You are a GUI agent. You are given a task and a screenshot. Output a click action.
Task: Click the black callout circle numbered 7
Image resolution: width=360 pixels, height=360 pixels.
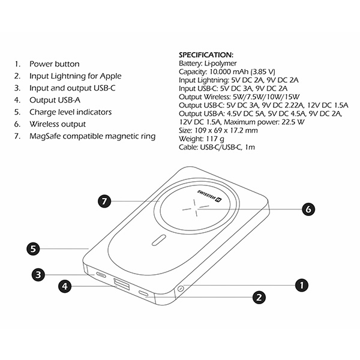104,202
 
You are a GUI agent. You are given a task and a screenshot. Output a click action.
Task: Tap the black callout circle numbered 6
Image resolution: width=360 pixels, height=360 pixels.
308,209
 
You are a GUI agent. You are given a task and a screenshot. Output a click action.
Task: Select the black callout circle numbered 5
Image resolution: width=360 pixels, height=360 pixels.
33,249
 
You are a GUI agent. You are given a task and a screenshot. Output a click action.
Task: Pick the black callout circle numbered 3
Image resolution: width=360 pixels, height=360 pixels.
38,275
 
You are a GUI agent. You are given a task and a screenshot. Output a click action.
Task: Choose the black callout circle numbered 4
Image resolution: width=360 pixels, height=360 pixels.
65,286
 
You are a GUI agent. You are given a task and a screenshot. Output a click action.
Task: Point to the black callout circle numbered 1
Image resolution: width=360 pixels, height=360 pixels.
301,285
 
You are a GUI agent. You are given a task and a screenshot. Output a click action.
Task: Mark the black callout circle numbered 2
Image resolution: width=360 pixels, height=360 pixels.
259,298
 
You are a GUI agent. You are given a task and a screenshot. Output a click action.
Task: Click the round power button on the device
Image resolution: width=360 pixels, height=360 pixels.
181,288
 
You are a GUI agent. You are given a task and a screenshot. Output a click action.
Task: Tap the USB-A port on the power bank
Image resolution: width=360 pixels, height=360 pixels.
121,283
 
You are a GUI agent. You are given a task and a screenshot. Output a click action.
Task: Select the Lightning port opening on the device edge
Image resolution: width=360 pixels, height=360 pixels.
143,293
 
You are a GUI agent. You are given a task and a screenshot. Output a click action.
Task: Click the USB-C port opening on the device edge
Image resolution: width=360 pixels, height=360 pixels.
101,275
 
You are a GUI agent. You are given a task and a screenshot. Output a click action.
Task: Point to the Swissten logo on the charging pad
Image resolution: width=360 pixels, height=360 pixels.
209,196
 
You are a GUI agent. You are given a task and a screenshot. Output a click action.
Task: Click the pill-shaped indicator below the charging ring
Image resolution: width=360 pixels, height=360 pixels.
159,240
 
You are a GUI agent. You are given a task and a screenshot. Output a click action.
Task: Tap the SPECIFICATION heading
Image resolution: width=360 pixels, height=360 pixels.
206,55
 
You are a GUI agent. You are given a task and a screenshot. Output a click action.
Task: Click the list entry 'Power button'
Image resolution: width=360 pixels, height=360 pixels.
55,64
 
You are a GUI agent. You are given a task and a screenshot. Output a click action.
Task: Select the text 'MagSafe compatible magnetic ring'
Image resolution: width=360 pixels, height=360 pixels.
92,136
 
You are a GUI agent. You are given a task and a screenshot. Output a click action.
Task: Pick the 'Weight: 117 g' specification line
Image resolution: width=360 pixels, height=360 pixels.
202,139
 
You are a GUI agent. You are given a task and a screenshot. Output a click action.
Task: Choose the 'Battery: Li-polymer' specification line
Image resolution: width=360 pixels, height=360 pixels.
208,64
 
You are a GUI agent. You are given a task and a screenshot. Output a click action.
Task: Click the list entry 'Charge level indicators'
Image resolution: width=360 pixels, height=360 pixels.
70,112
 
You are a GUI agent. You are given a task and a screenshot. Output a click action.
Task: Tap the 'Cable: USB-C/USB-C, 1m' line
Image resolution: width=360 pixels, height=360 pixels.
217,147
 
